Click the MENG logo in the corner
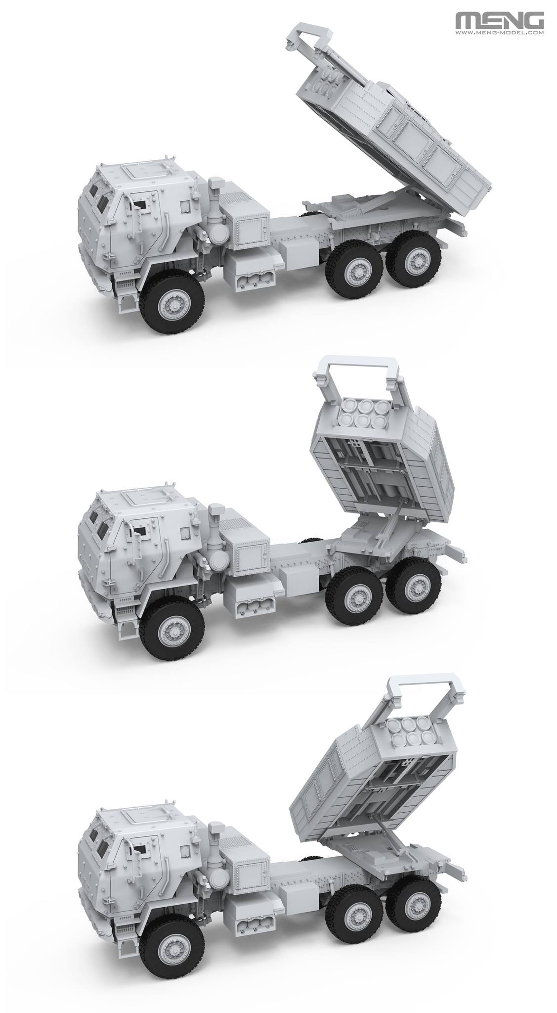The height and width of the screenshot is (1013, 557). (500, 21)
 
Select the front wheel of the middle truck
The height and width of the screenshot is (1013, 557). (172, 630)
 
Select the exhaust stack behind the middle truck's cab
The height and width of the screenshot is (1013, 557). (215, 532)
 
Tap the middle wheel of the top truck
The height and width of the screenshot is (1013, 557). (352, 270)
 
